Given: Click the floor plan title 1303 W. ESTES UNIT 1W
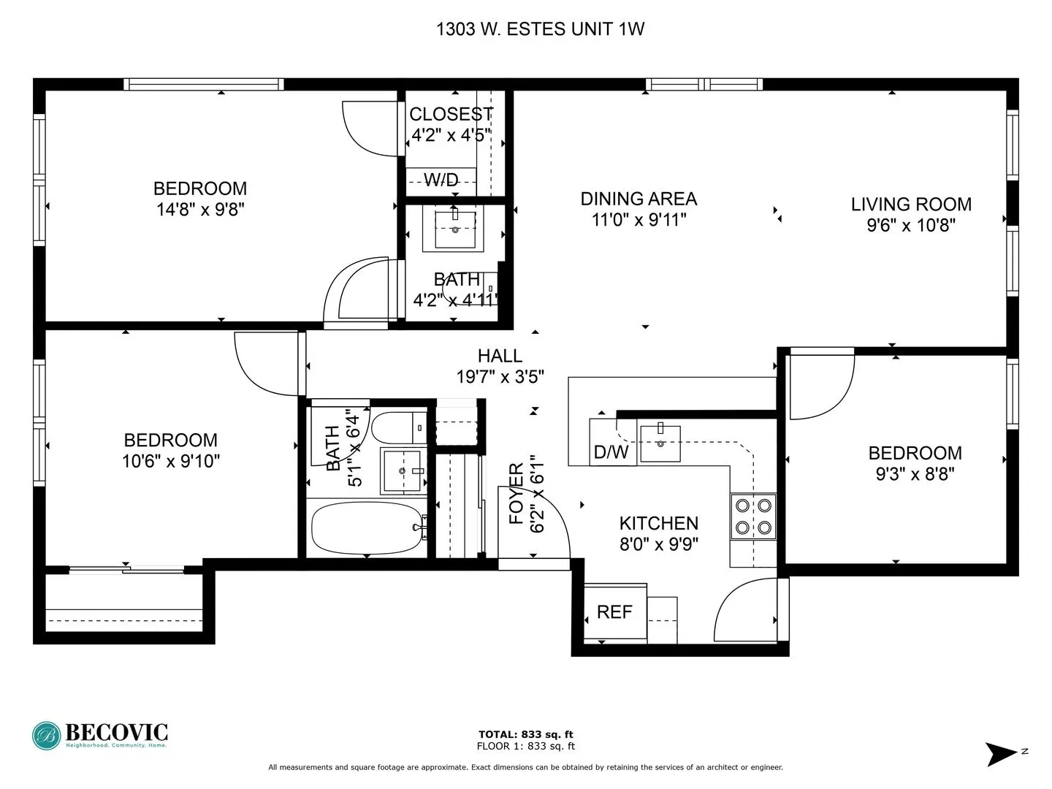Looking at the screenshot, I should [540, 29].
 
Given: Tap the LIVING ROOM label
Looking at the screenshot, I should [911, 205].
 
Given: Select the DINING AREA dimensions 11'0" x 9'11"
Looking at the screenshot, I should [639, 220].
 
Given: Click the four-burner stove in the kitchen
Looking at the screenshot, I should [753, 517].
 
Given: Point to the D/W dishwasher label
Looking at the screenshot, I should [611, 452].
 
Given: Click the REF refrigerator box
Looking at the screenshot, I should [615, 612].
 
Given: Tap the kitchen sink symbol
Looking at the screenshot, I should [660, 443].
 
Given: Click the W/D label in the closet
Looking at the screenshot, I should [441, 180].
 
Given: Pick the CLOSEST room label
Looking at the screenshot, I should [451, 115].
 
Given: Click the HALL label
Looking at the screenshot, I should [500, 356].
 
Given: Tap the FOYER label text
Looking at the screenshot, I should [517, 494].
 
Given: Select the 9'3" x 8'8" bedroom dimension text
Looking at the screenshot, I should [915, 474].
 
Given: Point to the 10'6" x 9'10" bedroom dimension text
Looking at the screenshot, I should [171, 462].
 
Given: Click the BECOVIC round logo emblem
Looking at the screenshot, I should [47, 735].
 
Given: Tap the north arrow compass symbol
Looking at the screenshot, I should [1000, 753].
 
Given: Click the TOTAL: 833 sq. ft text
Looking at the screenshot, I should [525, 734].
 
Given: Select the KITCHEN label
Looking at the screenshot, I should [658, 523].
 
